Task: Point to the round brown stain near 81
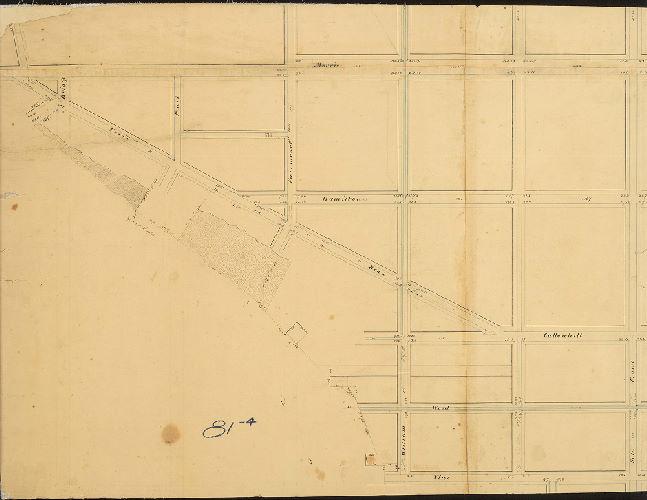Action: pos(171,434)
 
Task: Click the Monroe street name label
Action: pos(326,66)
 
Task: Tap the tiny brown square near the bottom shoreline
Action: pos(370,460)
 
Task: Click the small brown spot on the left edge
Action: pos(14,207)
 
